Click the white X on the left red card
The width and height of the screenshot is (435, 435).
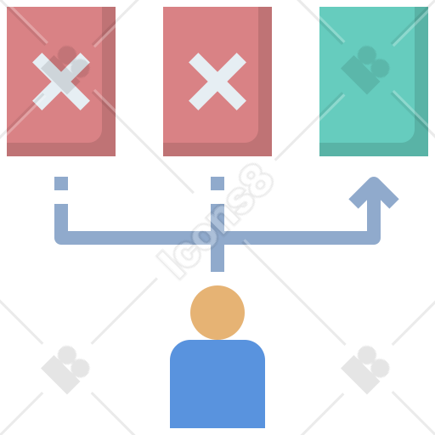click(61, 82)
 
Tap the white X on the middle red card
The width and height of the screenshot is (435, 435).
click(217, 82)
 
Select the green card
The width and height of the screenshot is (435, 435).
click(374, 82)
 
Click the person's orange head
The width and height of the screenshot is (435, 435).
click(217, 313)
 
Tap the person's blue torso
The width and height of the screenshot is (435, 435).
click(217, 384)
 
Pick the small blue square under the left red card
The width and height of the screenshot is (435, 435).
click(61, 184)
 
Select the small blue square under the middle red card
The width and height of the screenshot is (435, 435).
click(217, 184)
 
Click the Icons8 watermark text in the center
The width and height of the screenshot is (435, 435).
click(215, 222)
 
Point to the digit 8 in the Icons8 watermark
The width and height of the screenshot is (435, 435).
click(257, 181)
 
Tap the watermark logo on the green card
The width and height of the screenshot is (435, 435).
click(365, 70)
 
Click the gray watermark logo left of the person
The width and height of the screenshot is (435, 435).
click(65, 370)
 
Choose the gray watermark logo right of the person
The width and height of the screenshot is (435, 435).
click(365, 370)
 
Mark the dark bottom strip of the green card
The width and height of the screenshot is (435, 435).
click(374, 150)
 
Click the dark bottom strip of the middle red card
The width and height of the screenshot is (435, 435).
click(217, 150)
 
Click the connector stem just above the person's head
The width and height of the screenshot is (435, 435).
click(217, 258)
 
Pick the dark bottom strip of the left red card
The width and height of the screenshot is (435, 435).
click(61, 150)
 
